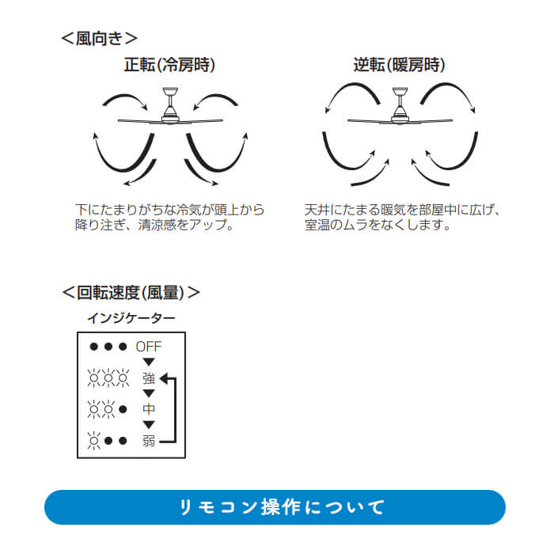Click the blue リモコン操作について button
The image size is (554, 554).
(275, 507)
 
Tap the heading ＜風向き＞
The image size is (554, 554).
(99, 38)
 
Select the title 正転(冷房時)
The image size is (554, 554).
(169, 65)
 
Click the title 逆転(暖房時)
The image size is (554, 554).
(399, 65)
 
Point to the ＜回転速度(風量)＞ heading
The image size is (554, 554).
(131, 293)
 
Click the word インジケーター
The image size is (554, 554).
(131, 318)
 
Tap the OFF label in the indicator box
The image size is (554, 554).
(149, 347)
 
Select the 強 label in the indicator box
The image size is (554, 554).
(149, 378)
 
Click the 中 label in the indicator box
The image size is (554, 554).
(149, 409)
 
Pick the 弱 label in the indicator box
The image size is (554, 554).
(149, 441)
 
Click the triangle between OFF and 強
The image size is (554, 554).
(149, 362)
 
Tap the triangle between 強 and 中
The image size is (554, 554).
(149, 393)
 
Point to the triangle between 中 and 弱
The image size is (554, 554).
(149, 425)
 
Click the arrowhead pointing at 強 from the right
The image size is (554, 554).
(164, 379)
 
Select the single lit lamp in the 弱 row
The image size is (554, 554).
(94, 441)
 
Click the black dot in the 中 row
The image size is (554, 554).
(123, 409)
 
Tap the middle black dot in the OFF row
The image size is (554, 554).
(108, 347)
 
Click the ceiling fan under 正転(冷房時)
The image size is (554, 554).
(170, 106)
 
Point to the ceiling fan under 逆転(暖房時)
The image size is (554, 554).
(400, 106)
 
